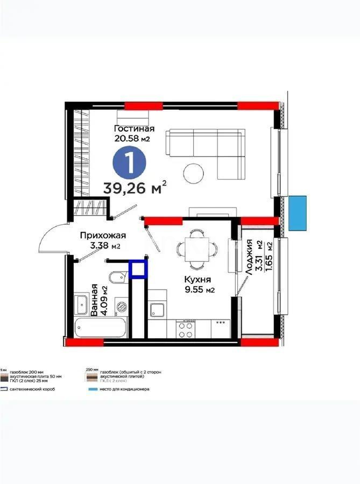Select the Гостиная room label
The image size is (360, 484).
134,129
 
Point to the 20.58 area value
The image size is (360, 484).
127,138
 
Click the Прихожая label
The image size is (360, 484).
103,235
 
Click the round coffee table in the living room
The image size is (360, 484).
194,173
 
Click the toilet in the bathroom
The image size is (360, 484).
117,277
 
